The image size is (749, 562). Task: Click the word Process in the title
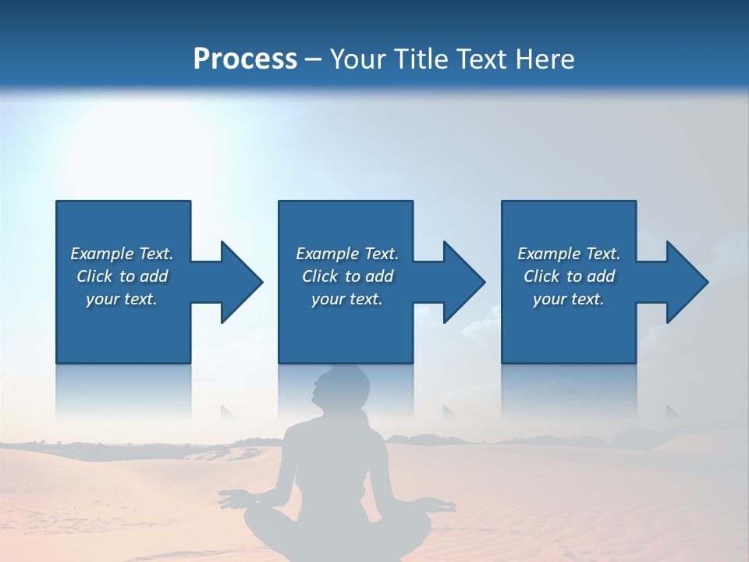point(245,59)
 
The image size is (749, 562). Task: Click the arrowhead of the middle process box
point(463,282)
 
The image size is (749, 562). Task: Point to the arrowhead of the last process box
point(686,282)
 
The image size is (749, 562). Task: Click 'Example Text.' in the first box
point(122,254)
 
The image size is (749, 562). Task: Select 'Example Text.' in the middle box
point(347,254)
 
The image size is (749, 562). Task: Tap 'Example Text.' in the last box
point(569,254)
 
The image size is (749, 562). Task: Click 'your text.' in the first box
point(122,299)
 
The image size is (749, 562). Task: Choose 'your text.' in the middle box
point(347,299)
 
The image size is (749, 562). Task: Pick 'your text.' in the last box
point(569,299)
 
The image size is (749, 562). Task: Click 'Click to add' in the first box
point(122,276)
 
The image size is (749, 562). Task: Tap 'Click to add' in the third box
point(569,276)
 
